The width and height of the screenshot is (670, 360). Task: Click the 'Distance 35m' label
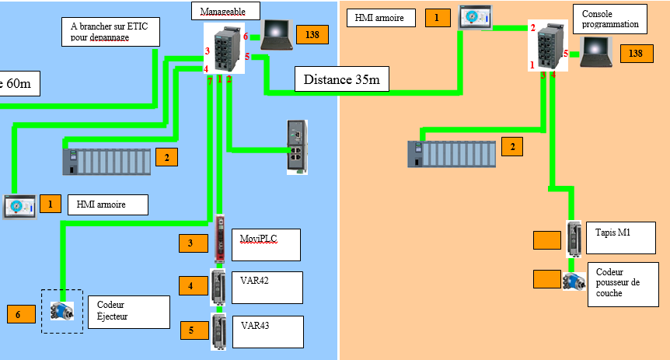(341, 79)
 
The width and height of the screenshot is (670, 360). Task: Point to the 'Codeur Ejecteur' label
(128, 311)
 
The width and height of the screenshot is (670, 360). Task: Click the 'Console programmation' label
(610, 20)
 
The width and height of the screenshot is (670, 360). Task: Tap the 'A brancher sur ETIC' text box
(109, 32)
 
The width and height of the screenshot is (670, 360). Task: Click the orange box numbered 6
(19, 314)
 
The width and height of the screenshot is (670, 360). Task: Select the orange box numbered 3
(190, 243)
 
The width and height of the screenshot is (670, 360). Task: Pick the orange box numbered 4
(190, 285)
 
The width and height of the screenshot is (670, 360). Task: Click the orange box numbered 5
(190, 329)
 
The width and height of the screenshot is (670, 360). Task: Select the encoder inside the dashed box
(61, 310)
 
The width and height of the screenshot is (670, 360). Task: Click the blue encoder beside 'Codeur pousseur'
(574, 281)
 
